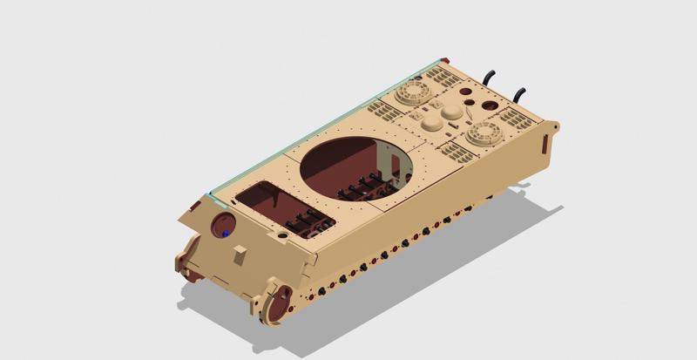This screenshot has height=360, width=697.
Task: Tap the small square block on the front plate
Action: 241,255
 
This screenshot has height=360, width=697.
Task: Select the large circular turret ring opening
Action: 357,167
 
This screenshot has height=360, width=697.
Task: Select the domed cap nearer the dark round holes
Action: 452,112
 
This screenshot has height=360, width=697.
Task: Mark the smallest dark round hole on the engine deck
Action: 471,102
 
